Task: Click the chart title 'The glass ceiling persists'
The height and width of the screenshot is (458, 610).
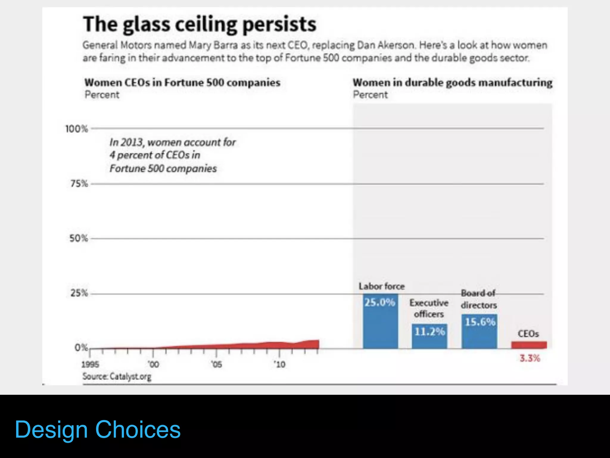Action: pyautogui.click(x=200, y=24)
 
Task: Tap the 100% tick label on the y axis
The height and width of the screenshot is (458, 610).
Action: pyautogui.click(x=77, y=129)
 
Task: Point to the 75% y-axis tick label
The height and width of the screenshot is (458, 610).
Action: pyautogui.click(x=79, y=184)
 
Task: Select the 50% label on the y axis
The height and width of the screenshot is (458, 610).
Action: pyautogui.click(x=79, y=239)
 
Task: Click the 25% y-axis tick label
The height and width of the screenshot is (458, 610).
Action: pyautogui.click(x=79, y=293)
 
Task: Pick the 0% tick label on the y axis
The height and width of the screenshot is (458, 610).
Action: pyautogui.click(x=81, y=348)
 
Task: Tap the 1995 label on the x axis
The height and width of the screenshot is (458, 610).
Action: pyautogui.click(x=90, y=364)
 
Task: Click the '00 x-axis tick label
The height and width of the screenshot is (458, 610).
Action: pyautogui.click(x=153, y=364)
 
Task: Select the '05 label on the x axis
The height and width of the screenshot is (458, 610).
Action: pyautogui.click(x=217, y=364)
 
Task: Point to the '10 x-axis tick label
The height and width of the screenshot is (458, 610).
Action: pyautogui.click(x=280, y=364)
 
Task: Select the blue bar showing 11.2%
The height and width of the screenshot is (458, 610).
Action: pyautogui.click(x=430, y=336)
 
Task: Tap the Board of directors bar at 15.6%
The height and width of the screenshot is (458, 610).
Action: pyautogui.click(x=479, y=332)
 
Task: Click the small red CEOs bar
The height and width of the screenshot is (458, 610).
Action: pyautogui.click(x=529, y=345)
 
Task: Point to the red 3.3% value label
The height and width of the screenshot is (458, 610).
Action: pyautogui.click(x=530, y=358)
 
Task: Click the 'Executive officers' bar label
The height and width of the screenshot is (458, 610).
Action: pyautogui.click(x=429, y=308)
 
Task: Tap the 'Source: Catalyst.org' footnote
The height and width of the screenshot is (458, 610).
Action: pyautogui.click(x=117, y=377)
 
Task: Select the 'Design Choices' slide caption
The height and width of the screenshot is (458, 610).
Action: pyautogui.click(x=98, y=430)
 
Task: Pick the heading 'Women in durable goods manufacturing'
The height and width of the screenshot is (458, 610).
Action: pyautogui.click(x=452, y=83)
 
